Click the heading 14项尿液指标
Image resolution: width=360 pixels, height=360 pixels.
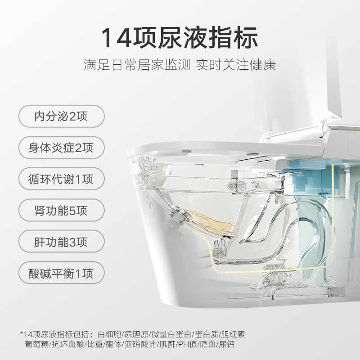point(180,37)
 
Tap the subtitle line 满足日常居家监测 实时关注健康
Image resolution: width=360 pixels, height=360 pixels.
point(180,64)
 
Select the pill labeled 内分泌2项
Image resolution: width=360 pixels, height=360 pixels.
point(61,116)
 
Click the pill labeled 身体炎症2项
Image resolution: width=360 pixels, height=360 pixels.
point(61,148)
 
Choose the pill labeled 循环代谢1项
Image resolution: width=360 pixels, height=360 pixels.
point(61,179)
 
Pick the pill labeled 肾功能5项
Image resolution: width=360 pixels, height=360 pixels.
point(61,210)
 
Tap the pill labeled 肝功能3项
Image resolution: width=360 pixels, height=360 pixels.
point(61,242)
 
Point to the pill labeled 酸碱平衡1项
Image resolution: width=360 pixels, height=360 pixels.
point(61,273)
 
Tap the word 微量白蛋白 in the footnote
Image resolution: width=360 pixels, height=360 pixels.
point(171,334)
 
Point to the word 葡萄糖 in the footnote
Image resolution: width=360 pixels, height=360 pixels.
point(37,344)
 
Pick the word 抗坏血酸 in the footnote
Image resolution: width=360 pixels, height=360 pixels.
point(68,344)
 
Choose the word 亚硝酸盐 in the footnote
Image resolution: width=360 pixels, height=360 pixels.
point(140,344)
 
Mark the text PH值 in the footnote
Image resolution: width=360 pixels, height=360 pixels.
point(188,344)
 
